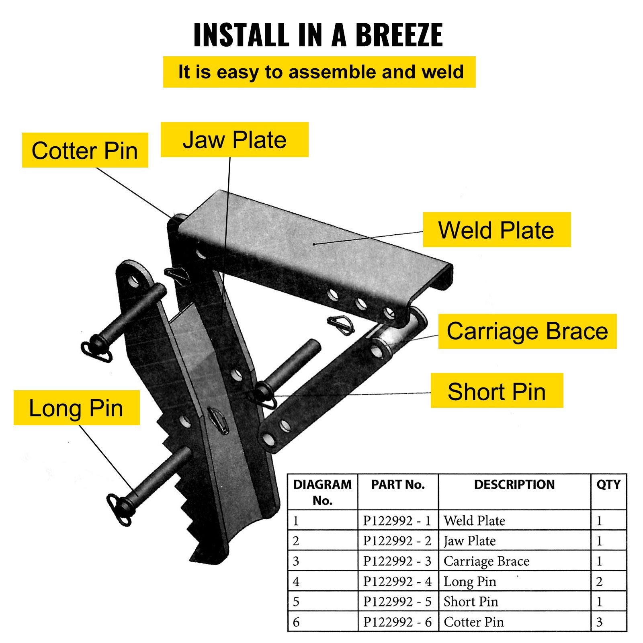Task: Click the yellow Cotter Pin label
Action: pyautogui.click(x=85, y=150)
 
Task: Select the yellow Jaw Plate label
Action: pyautogui.click(x=234, y=140)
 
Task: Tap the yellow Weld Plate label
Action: pyautogui.click(x=496, y=230)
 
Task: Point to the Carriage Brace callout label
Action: pyautogui.click(x=527, y=331)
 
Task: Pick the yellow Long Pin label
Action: pyautogui.click(x=76, y=408)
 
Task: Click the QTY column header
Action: pyautogui.click(x=608, y=485)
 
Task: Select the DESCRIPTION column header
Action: pyautogui.click(x=514, y=485)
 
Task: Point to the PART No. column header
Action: pyautogui.click(x=398, y=485)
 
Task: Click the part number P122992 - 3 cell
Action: pyautogui.click(x=397, y=561)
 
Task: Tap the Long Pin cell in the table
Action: pyautogui.click(x=470, y=582)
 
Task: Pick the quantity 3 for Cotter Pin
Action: pyautogui.click(x=599, y=622)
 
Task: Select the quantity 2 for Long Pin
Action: pyautogui.click(x=599, y=582)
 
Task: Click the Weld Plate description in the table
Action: pyautogui.click(x=474, y=521)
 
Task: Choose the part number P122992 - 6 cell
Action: pyautogui.click(x=397, y=622)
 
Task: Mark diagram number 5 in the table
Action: pyautogui.click(x=296, y=602)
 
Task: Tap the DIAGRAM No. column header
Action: pyautogui.click(x=322, y=492)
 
